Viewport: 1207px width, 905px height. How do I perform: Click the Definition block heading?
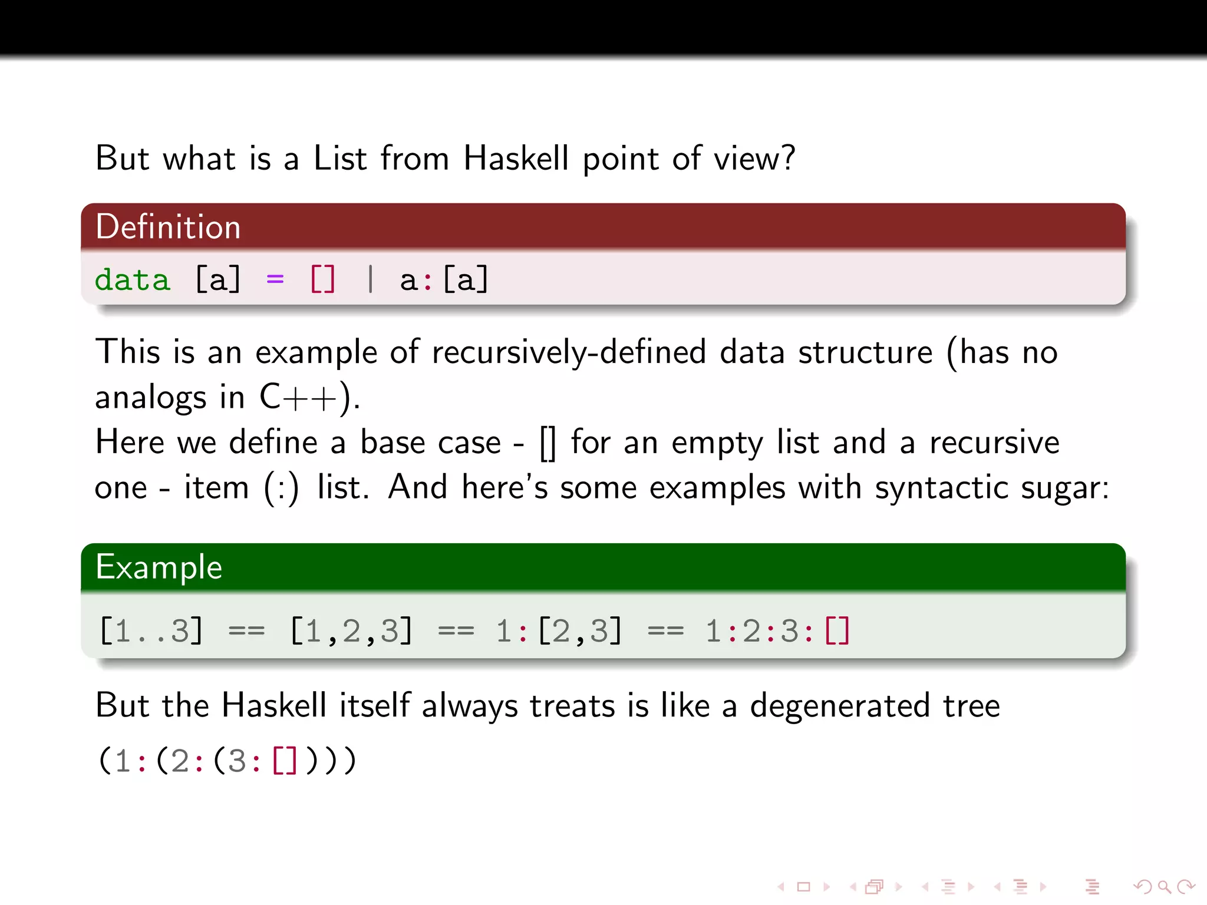tap(169, 227)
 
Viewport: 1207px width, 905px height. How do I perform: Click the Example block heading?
tap(159, 567)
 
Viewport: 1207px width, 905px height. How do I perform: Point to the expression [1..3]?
tap(151, 630)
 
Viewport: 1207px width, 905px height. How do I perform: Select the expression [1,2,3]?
tap(352, 630)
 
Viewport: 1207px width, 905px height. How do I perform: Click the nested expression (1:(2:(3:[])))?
tap(227, 760)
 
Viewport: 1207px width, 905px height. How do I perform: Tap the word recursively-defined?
tap(569, 352)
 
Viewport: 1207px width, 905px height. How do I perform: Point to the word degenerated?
tap(840, 705)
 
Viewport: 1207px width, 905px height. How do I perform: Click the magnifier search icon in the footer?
tap(1163, 886)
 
